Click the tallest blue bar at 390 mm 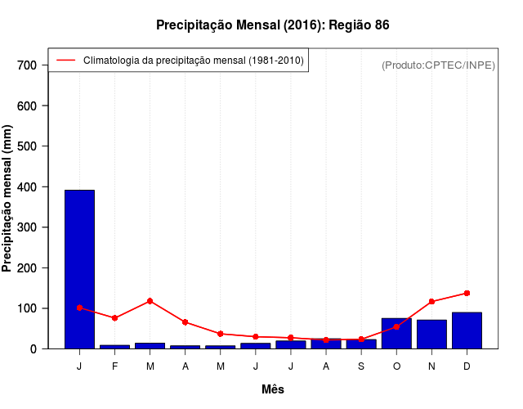tap(79, 269)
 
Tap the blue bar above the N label tap(431, 335)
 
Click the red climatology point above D tap(467, 293)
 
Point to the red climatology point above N tap(431, 302)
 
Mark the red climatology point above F tap(114, 317)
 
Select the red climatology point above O tap(396, 326)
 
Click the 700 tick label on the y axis tap(38, 65)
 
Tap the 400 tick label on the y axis tap(38, 187)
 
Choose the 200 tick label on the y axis tap(38, 268)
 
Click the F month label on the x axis tap(114, 366)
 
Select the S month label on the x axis tap(361, 366)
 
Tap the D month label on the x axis tap(467, 366)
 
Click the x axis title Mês tap(273, 389)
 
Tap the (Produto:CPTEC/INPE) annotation tap(439, 65)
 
